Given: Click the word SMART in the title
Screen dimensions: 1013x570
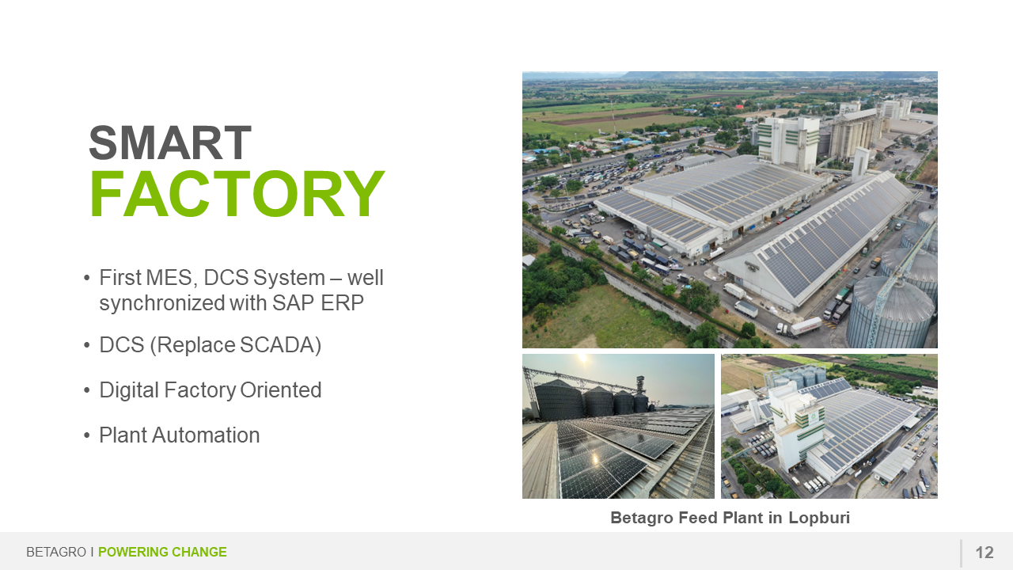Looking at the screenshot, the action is (x=170, y=143).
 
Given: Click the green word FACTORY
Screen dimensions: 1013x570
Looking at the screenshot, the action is (x=237, y=194).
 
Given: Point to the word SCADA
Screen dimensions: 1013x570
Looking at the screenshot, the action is (x=276, y=344).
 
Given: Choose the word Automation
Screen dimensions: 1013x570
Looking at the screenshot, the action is (x=206, y=435).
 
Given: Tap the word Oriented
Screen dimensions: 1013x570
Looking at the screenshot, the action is (x=280, y=390).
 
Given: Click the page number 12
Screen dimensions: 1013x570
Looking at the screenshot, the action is (x=985, y=553).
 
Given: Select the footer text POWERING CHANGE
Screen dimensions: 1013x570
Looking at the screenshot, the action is (x=162, y=552).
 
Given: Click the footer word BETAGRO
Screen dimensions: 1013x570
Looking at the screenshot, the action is (x=56, y=552).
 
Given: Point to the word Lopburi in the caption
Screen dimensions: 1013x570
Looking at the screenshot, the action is (x=819, y=518).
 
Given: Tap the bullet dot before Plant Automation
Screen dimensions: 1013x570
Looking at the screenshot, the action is (x=87, y=435).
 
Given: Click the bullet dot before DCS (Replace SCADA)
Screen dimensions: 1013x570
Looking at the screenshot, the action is (x=87, y=345).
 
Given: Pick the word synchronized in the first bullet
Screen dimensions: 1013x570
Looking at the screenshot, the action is (x=162, y=304).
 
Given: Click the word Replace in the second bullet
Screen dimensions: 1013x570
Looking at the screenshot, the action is (x=195, y=344).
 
